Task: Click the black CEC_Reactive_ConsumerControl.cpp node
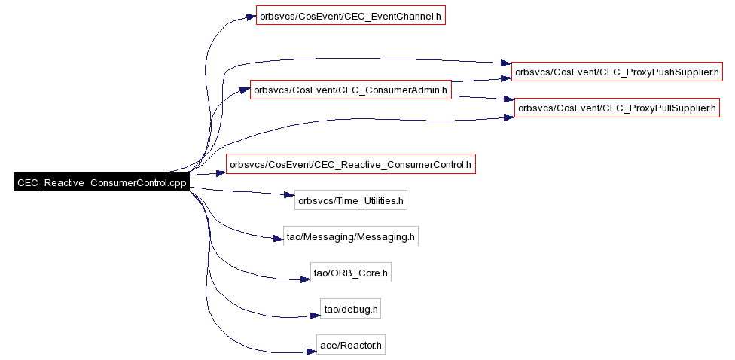(x=101, y=182)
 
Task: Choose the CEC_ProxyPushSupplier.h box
(x=617, y=72)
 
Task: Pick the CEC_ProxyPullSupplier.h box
(x=617, y=108)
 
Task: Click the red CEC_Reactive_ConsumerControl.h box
(x=351, y=164)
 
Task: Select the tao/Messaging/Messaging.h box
(x=351, y=236)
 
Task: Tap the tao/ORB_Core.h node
(x=351, y=273)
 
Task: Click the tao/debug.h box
(x=351, y=309)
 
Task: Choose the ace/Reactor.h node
(x=351, y=346)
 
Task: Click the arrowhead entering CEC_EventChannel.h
(x=250, y=17)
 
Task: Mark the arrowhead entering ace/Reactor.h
(x=311, y=351)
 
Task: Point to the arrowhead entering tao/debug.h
(x=315, y=316)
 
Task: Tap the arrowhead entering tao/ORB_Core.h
(x=305, y=279)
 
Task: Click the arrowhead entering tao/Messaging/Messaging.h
(x=278, y=239)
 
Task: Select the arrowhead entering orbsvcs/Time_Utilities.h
(x=289, y=196)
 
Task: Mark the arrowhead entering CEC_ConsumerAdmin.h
(x=245, y=89)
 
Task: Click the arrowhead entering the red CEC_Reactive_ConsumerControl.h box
(x=221, y=173)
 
